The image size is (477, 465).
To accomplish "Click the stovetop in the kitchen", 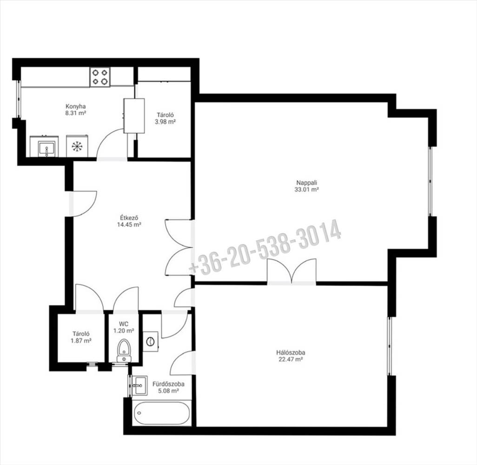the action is click(100, 77).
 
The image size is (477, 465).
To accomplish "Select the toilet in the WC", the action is click(124, 351).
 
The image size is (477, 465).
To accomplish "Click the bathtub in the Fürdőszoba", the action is click(161, 413).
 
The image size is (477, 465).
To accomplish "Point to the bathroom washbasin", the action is click(139, 385).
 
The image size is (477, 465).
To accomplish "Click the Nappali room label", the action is click(307, 183).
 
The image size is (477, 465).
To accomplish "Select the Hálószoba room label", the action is click(291, 353).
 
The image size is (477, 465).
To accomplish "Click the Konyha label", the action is click(75, 106).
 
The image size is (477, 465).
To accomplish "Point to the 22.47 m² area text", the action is click(291, 359).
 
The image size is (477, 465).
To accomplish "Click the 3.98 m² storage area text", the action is click(165, 122).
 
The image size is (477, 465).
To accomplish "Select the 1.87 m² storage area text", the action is click(81, 341).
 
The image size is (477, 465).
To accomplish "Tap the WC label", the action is click(124, 324).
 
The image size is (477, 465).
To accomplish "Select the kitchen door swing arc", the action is click(106, 137).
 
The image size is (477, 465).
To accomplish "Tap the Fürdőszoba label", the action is click(168, 384).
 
